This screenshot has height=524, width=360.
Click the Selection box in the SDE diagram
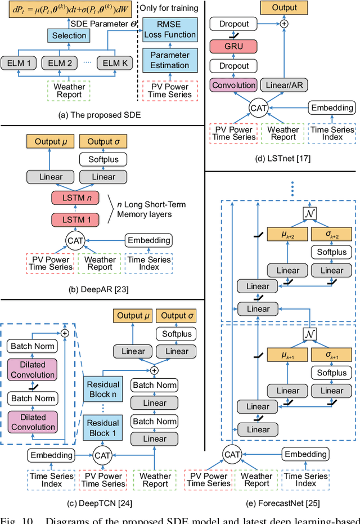pyautogui.click(x=69, y=35)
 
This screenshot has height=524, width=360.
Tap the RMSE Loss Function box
pyautogui.click(x=169, y=30)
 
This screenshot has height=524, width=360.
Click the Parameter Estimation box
pyautogui.click(x=169, y=60)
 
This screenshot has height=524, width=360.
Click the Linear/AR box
pyautogui.click(x=285, y=84)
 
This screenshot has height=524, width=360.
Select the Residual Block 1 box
pyautogui.click(x=103, y=428)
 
